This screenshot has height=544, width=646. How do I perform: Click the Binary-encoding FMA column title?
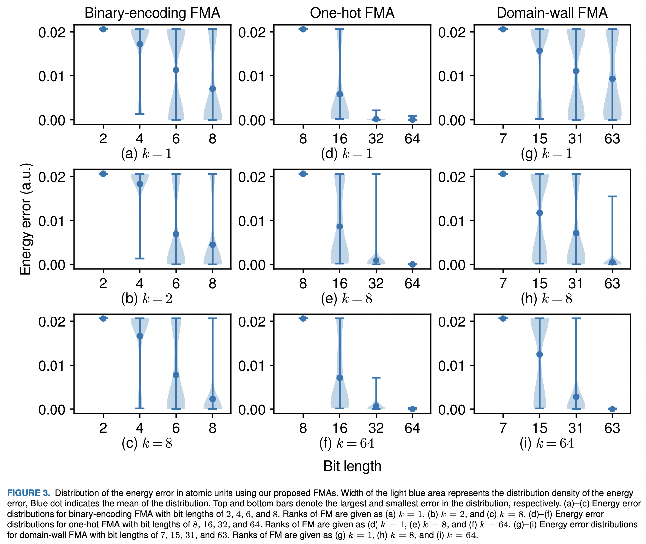point(152,13)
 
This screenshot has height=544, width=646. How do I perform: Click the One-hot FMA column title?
point(352,13)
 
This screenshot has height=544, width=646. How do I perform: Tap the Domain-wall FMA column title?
point(552,13)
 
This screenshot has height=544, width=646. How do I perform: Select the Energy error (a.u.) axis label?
point(26,219)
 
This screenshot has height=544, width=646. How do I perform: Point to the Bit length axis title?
point(352,466)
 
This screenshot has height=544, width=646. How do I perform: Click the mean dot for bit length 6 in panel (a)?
point(176,70)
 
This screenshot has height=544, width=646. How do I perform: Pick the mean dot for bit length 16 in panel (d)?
point(340,94)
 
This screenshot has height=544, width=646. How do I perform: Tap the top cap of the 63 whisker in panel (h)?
point(612,197)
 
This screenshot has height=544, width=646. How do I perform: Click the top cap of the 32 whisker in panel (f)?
point(376,378)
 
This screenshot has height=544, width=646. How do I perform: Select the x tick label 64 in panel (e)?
point(412,283)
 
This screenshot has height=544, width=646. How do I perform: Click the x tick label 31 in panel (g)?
point(576,138)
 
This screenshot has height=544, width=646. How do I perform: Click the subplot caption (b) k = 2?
point(147,299)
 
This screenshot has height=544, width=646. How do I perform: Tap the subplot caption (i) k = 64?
point(547,443)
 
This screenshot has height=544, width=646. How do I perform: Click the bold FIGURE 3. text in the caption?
point(29,493)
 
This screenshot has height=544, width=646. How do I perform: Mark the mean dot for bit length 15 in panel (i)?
point(540,354)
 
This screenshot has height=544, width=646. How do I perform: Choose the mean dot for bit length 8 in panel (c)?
point(213,399)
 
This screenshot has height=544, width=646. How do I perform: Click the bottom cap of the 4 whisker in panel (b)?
point(140,258)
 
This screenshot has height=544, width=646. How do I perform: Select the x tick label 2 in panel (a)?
point(103,138)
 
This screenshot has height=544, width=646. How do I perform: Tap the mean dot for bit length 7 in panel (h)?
point(503,174)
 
